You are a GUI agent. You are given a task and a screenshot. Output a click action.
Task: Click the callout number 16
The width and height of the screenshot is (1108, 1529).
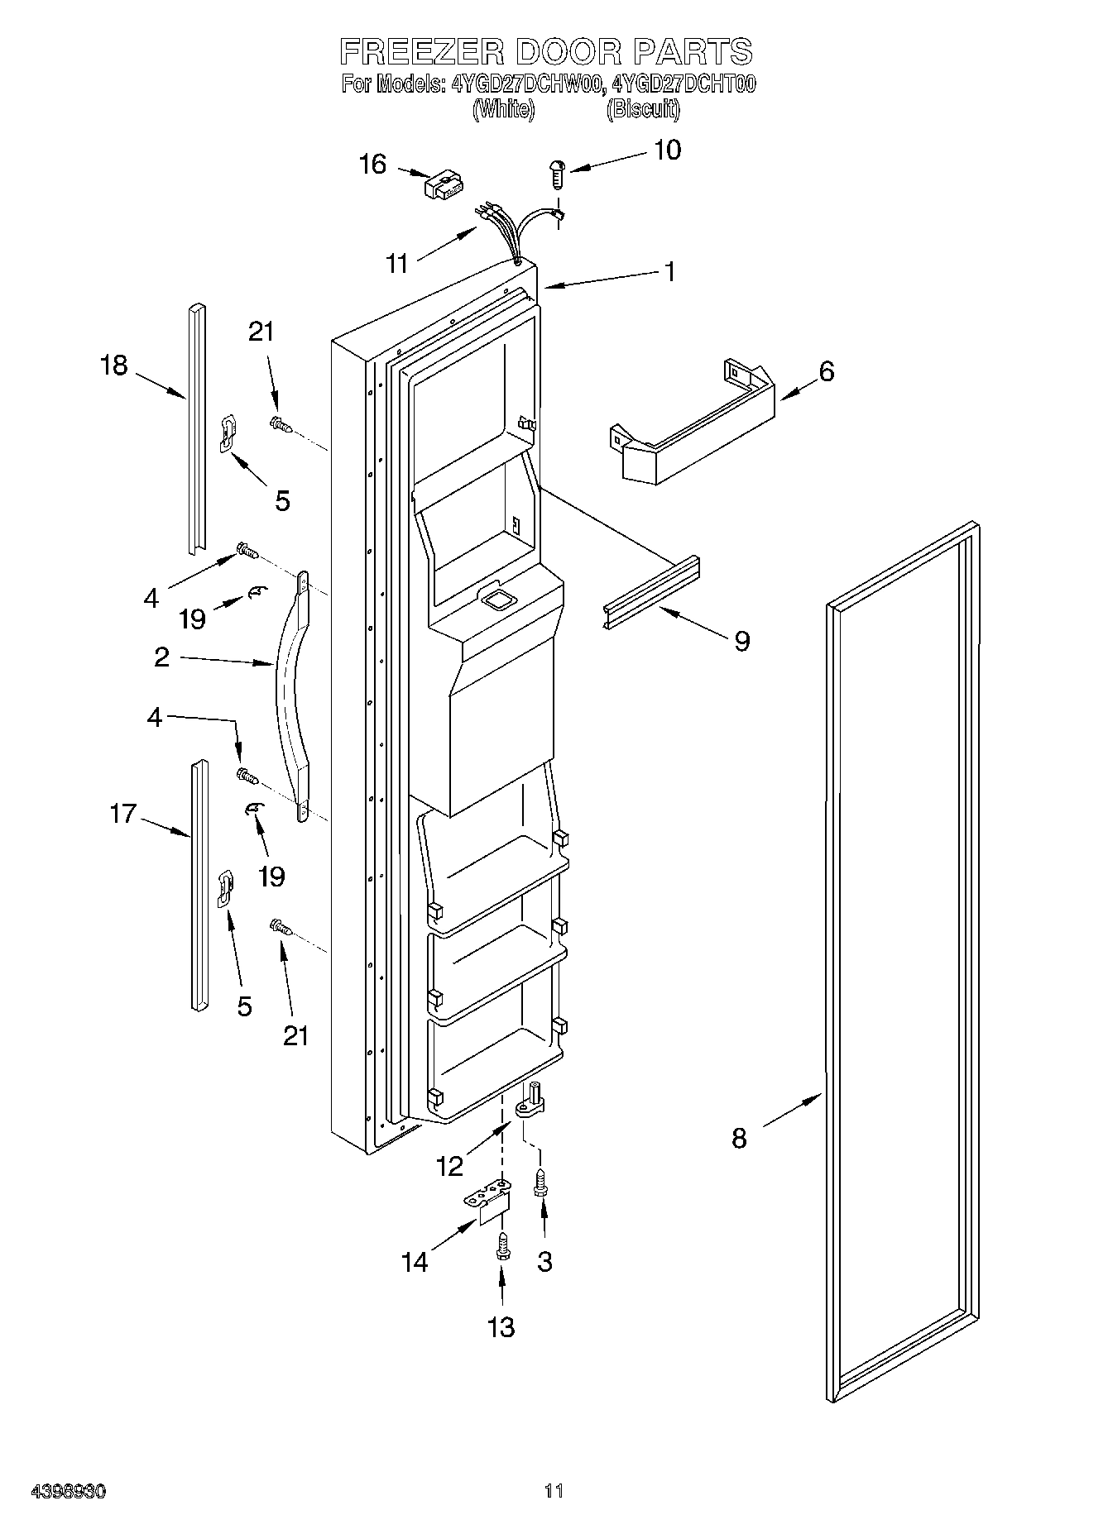click(x=372, y=165)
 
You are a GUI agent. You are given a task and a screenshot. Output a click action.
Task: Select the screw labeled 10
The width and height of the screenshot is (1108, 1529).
click(x=557, y=174)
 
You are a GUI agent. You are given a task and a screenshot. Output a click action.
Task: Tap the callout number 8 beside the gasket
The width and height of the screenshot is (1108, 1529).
click(x=739, y=1139)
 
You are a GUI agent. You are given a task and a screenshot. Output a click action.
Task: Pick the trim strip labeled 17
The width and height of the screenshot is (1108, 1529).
click(x=198, y=886)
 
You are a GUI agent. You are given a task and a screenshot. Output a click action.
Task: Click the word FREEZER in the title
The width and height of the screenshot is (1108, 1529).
click(x=422, y=51)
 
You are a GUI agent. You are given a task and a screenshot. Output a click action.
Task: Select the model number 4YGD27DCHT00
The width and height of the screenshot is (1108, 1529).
click(x=684, y=84)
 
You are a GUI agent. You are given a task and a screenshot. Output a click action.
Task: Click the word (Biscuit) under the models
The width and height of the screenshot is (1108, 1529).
click(x=642, y=108)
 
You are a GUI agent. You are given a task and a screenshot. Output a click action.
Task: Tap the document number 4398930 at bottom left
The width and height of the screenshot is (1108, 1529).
click(x=69, y=1492)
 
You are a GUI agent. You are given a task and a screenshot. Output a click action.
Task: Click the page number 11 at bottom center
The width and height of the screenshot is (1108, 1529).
click(x=554, y=1492)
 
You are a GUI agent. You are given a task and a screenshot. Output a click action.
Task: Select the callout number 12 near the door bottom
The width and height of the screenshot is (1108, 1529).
click(x=450, y=1166)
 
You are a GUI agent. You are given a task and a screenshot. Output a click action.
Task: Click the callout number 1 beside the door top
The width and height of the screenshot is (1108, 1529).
click(x=670, y=271)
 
